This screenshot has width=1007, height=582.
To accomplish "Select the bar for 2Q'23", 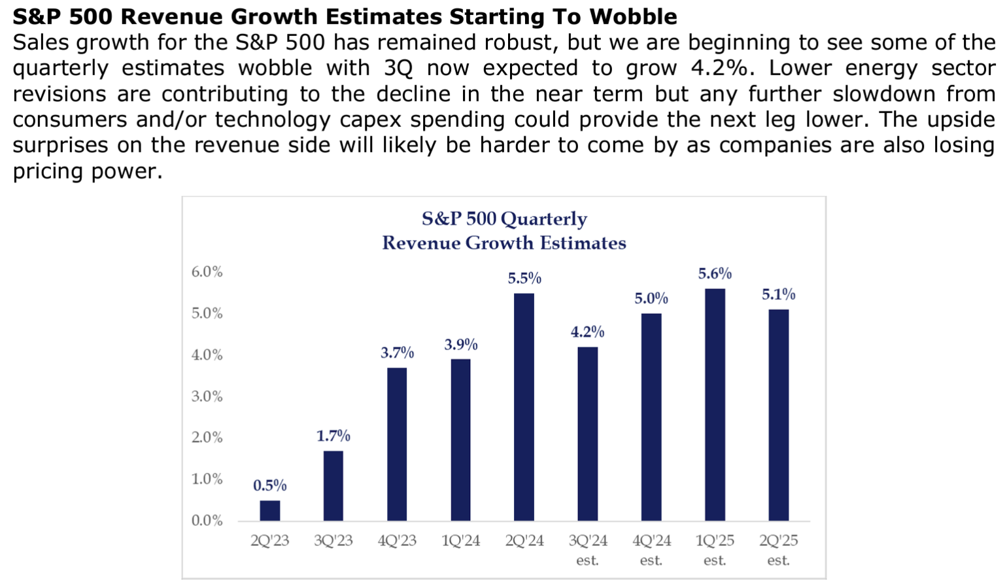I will (x=269, y=511).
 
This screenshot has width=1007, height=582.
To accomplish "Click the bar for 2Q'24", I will (x=524, y=407).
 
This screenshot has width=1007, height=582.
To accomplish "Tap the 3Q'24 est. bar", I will (x=587, y=434).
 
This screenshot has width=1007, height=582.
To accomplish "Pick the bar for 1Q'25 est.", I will (x=715, y=405).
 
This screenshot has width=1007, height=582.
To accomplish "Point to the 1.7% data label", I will (x=333, y=436).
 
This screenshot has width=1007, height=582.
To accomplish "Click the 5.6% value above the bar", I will (x=715, y=273).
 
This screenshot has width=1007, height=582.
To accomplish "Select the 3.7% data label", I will (x=397, y=352).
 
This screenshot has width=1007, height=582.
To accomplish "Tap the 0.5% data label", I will (x=269, y=485).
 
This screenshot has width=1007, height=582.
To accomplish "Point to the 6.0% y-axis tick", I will (x=207, y=272).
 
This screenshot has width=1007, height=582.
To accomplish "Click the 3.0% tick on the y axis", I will (x=207, y=396).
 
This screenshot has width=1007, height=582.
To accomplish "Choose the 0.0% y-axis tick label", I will (x=207, y=521).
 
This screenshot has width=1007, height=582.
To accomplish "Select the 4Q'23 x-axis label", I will (x=397, y=541).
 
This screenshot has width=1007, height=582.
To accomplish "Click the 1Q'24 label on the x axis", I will (x=460, y=541).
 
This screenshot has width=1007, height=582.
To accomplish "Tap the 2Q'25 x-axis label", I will (x=778, y=541).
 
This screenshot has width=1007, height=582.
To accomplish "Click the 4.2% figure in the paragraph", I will (x=719, y=68).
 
